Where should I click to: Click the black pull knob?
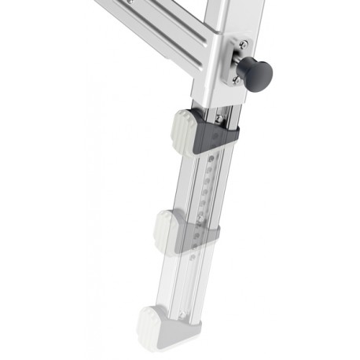[257, 74]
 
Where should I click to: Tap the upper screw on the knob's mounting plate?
[244, 45]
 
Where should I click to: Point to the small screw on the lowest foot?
[182, 315]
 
